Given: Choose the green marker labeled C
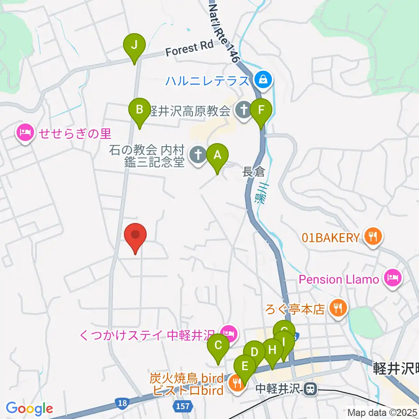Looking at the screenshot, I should tap(219, 347).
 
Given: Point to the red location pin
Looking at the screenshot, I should tap(135, 236).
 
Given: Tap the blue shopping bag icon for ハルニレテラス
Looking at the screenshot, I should tap(264, 79).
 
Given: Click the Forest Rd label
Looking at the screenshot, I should tap(189, 48).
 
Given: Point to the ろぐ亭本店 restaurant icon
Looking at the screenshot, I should tap(337, 309).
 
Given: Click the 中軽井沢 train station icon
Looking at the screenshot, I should tap(311, 388).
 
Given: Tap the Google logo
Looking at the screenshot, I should tap(29, 408).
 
